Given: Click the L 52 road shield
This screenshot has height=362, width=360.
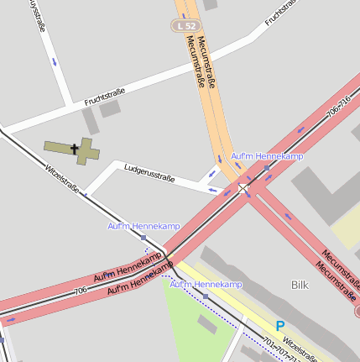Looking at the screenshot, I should (185, 26).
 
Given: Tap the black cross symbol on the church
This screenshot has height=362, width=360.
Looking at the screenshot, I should (75, 150).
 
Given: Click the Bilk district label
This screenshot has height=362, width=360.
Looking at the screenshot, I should (300, 285).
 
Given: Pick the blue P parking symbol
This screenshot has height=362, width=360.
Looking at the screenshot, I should (280, 325).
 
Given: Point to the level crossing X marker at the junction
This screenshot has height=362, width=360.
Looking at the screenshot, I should (244, 190).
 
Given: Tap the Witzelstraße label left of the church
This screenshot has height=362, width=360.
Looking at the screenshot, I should (62, 179).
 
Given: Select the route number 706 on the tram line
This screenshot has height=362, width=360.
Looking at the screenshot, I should (80, 290).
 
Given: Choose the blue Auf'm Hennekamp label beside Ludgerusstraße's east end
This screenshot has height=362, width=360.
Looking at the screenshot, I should (267, 156).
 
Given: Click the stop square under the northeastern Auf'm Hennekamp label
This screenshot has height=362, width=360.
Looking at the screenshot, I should (266, 168).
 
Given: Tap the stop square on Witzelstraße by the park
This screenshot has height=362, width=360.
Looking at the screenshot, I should (206, 296).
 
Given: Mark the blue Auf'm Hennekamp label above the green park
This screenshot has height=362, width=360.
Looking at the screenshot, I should (206, 285).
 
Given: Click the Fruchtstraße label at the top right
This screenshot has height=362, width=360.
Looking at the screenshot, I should (281, 13).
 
